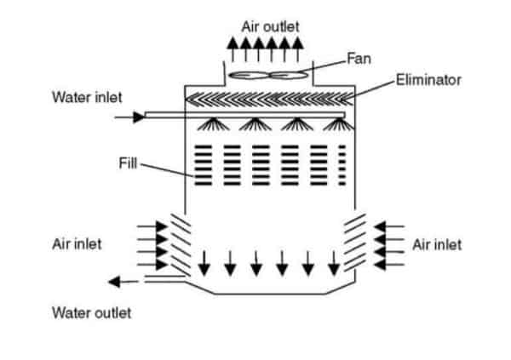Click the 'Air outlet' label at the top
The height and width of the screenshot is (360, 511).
click(x=271, y=26)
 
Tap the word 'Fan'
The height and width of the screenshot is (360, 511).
click(x=357, y=59)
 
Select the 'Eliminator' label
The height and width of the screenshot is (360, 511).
click(x=428, y=81)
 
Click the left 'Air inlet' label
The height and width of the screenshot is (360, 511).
click(x=77, y=244)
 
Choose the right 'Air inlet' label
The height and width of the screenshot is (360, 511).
click(x=437, y=244)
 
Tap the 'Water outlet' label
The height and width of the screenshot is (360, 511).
click(x=92, y=312)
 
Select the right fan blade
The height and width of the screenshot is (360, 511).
click(x=293, y=76)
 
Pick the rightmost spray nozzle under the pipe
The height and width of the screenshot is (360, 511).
click(x=341, y=125)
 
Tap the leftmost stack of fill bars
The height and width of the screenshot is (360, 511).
click(x=203, y=164)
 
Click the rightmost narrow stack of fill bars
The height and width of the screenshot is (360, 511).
click(x=342, y=164)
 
